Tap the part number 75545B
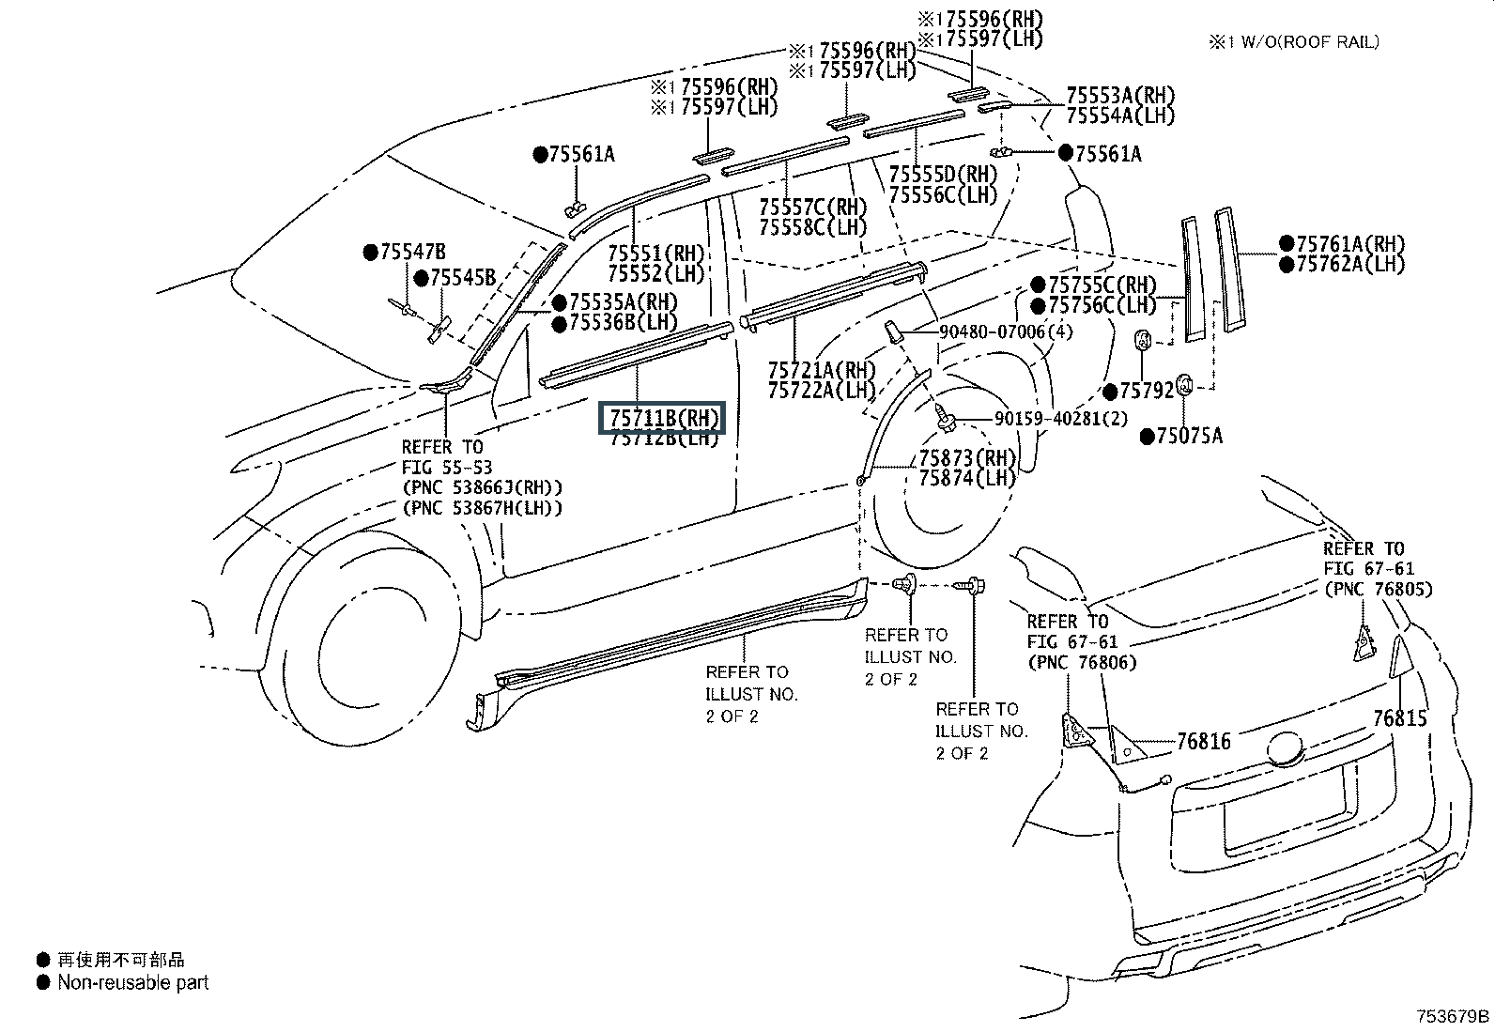click(462, 278)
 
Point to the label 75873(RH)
click(967, 458)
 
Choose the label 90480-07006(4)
click(1006, 331)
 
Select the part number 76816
click(1203, 742)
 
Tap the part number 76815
click(1399, 719)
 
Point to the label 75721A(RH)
click(822, 370)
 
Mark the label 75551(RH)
click(655, 254)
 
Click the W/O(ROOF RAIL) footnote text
click(1305, 41)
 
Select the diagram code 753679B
click(1453, 1016)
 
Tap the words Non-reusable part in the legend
click(132, 983)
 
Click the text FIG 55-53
click(446, 468)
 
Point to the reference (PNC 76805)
click(1379, 589)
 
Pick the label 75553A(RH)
click(1120, 96)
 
